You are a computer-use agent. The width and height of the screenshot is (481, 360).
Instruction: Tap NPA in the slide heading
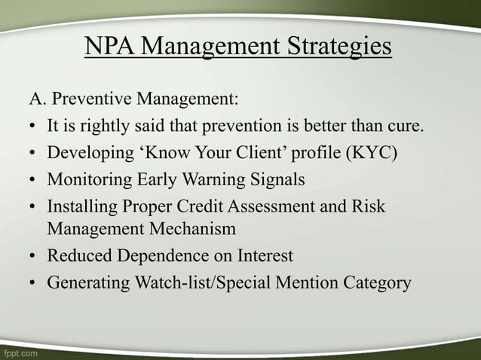(110, 47)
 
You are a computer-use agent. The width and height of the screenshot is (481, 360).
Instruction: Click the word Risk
(369, 206)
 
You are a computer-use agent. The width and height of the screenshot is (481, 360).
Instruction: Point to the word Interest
(262, 255)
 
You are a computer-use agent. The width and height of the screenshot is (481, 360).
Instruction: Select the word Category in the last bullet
(375, 283)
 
